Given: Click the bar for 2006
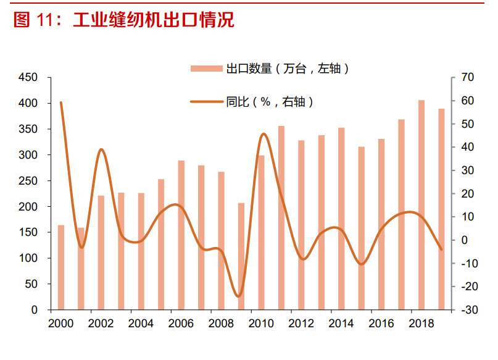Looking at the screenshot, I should pos(181,235).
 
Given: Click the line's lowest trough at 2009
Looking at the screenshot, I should pos(239,296).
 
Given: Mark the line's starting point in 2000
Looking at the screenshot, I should pos(61,103).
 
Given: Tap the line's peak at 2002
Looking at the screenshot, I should pos(102,149).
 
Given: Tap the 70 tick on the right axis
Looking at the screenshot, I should pos(467,77).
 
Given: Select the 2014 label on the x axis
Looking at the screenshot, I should pos(341,324).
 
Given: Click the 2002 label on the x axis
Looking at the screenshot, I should pos(101,324).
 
